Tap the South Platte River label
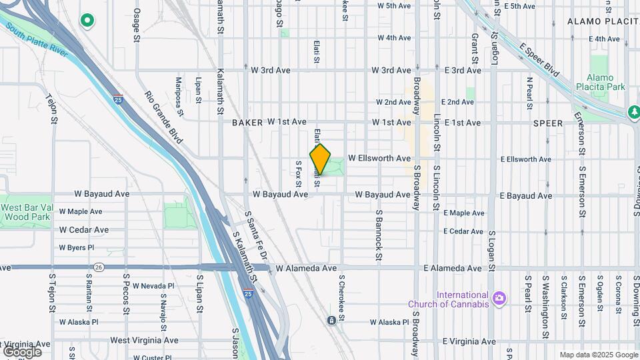coord(37,42)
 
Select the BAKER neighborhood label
coord(248,123)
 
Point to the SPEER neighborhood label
coord(549,123)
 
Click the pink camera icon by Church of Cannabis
coord(499,297)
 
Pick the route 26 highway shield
coord(99,267)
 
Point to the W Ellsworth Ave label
coord(379,159)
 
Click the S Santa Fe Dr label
coord(257,237)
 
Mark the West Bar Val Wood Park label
coord(26,212)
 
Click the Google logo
coord(22,351)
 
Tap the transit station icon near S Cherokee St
coord(331,321)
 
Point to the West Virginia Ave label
coord(144,340)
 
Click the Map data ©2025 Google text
coord(598,355)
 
